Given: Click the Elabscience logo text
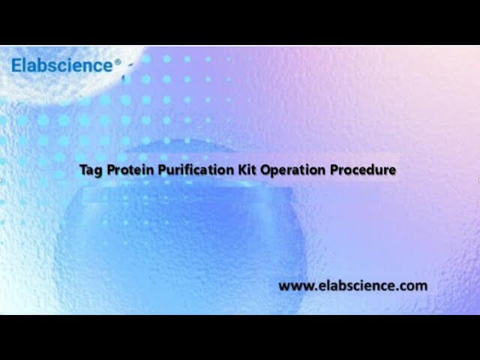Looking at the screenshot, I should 61,65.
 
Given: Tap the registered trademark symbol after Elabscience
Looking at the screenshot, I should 117,63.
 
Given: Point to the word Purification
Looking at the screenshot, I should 190,170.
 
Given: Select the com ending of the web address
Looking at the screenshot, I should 414,286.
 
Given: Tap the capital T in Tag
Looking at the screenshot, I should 82,170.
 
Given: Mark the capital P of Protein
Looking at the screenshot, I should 109,170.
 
